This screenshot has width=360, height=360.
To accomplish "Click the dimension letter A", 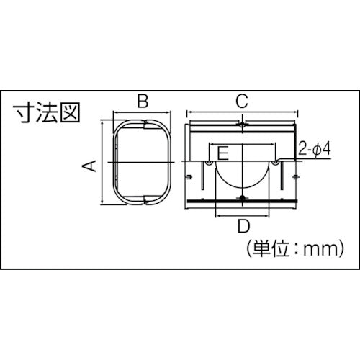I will click(x=89, y=166).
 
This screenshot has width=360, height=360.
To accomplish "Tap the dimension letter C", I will click(x=243, y=101).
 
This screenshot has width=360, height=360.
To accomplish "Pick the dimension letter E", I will click(x=223, y=153).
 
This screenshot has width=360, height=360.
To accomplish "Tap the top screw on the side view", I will click(x=243, y=127).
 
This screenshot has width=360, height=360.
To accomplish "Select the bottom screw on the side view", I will click(x=243, y=199).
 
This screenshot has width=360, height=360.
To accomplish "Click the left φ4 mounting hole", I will click(x=209, y=167).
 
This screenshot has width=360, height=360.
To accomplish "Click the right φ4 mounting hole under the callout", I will click(x=277, y=167).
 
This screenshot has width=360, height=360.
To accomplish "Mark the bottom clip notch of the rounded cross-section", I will click(x=144, y=199).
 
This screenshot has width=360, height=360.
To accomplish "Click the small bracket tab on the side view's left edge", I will click(x=188, y=176).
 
